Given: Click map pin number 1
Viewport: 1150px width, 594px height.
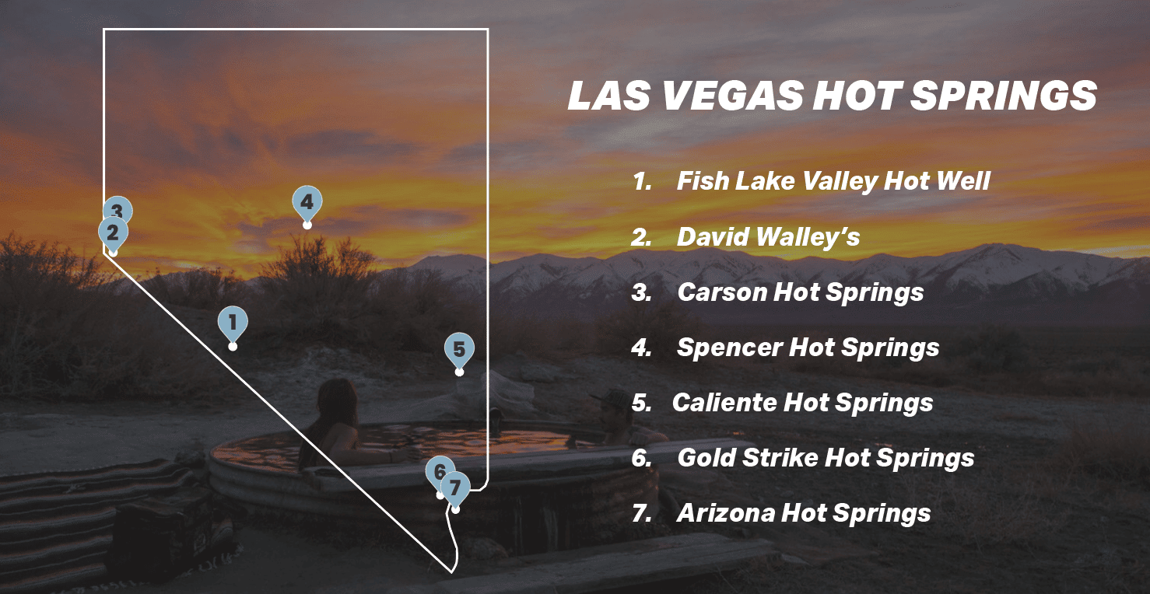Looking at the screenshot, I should coord(232,322).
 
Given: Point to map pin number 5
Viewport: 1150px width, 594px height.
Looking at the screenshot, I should coord(458,350).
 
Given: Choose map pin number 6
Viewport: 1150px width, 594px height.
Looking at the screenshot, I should coord(438,471).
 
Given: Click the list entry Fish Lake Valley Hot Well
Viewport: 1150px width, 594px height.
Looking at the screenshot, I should coord(833,181).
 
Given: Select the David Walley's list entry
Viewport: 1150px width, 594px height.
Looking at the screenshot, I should coord(768,237).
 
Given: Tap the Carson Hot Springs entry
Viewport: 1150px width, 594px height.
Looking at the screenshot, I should coord(800,292).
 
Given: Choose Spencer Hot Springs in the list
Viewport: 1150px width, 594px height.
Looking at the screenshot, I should coord(808,348).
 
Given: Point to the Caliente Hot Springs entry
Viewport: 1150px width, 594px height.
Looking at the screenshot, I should coord(801,403).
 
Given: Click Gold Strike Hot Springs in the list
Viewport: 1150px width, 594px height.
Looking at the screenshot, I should coord(825,458).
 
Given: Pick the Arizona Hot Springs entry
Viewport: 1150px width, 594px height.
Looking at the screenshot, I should coord(803,513).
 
